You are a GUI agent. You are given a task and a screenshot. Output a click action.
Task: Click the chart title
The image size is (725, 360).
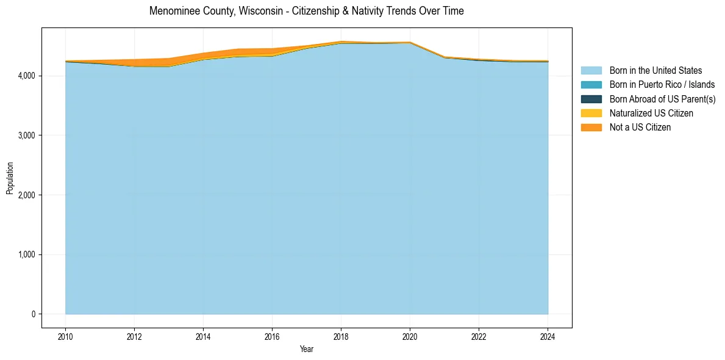pos(306,11)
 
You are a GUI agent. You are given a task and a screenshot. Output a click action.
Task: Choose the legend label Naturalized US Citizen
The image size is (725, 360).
pos(651,113)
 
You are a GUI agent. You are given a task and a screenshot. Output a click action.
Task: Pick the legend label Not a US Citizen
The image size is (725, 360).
pos(640,127)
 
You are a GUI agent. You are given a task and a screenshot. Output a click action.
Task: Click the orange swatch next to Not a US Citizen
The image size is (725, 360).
pos(591,127)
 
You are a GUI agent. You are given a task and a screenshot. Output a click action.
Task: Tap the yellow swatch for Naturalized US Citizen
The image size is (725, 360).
pos(591,113)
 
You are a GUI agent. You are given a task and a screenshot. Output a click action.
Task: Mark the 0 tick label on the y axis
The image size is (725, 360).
pos(33,314)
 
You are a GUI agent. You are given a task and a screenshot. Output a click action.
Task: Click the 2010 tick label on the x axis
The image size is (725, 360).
pos(65,336)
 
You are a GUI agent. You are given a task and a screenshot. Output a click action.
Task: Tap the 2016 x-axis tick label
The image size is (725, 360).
pos(272,336)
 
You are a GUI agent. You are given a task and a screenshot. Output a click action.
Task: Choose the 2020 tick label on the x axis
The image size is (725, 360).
pos(410,336)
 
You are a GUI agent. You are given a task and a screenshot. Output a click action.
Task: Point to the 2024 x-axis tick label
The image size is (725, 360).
pos(548,336)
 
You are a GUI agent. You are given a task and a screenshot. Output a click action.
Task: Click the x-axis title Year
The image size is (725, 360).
pos(307,349)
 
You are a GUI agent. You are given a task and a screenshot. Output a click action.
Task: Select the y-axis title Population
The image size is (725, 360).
pos(10,178)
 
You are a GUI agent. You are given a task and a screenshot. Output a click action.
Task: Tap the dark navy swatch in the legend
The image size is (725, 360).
pos(591,99)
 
